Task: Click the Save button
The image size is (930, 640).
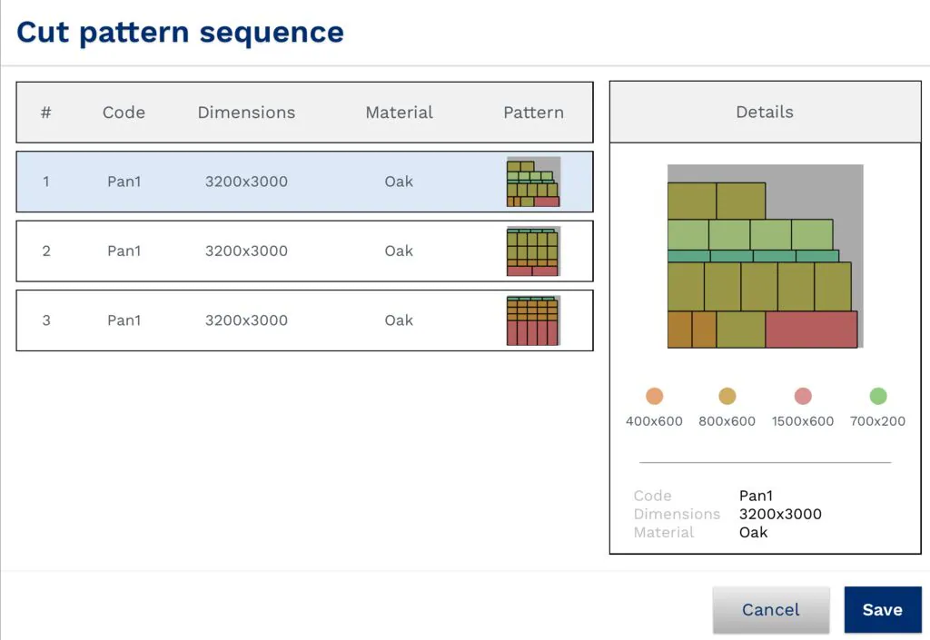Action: coord(882,609)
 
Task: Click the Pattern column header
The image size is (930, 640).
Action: coord(533,113)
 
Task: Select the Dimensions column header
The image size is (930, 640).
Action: coord(246,113)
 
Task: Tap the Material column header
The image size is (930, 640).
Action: coord(399,113)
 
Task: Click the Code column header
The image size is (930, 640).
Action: coord(124,113)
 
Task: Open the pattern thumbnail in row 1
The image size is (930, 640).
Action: coord(533,182)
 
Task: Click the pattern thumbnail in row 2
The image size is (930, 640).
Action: coord(533,251)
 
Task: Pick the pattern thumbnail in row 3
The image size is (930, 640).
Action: coord(533,320)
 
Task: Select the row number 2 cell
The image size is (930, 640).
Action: coord(46,251)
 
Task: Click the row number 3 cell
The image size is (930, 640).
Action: coord(46,320)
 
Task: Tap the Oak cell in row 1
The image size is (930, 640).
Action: coord(399,182)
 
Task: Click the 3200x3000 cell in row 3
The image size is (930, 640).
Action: coord(246,320)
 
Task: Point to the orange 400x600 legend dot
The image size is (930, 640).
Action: coord(654,396)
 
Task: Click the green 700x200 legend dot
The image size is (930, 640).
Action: coord(877,396)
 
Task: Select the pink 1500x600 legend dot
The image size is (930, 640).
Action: coord(803,396)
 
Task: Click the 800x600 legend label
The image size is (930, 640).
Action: coord(727,421)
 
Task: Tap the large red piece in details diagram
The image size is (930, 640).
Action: coord(811,330)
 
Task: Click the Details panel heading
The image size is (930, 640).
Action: coord(764,112)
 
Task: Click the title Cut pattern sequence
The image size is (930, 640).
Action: coord(180,33)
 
